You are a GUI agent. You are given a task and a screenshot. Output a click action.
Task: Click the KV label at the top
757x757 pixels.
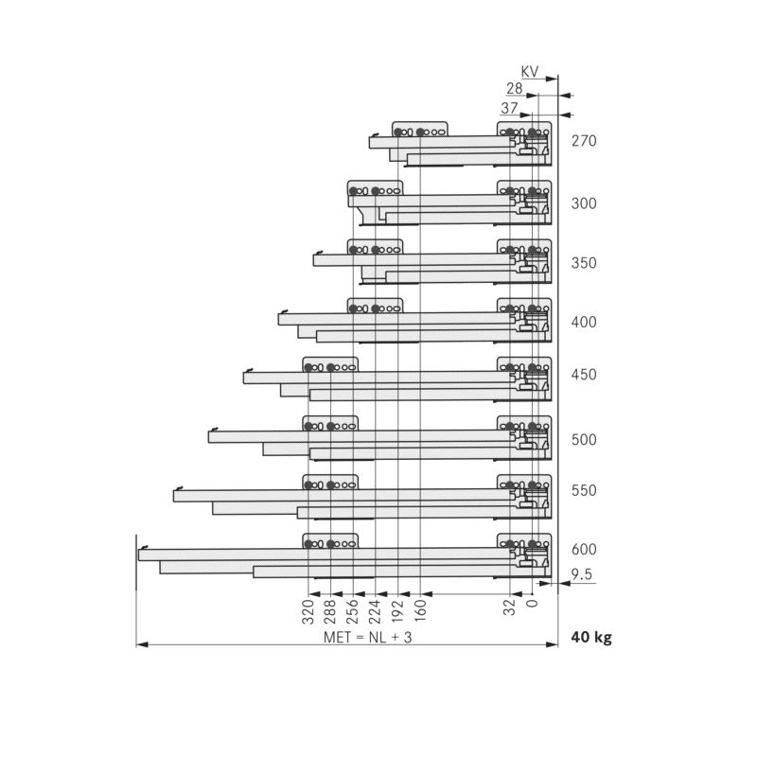tap(529, 71)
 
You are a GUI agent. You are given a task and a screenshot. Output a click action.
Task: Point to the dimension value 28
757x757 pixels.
tap(514, 88)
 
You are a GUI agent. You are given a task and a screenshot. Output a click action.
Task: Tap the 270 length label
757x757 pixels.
tap(584, 142)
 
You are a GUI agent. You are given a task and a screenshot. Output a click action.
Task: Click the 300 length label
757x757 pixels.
tap(584, 203)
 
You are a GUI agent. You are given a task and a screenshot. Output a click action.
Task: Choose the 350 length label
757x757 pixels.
tap(584, 263)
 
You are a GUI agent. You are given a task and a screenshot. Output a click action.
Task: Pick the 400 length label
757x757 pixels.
tap(584, 322)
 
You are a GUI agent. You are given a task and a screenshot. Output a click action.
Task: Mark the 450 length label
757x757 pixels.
tap(584, 375)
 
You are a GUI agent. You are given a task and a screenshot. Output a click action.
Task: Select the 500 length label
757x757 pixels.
tap(584, 439)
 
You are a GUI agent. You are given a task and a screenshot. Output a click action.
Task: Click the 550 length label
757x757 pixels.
tap(584, 490)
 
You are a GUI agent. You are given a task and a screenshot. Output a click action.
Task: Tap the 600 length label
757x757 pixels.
tap(584, 549)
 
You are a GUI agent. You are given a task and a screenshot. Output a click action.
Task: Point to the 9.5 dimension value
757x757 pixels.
tap(582, 573)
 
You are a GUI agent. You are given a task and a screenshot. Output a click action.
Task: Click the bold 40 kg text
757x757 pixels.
tap(591, 637)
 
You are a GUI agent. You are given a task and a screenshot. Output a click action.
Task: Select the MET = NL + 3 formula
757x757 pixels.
tap(368, 637)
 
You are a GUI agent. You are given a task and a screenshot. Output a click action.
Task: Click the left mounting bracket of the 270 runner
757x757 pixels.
tap(420, 131)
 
